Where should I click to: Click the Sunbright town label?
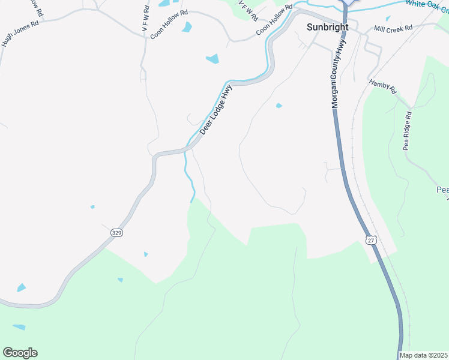[x=328, y=27]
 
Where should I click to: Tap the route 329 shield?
[x=117, y=232]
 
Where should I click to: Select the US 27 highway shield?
[x=372, y=240]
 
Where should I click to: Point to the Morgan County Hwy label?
[x=339, y=74]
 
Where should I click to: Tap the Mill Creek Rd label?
[x=393, y=28]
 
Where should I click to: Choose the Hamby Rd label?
[x=383, y=87]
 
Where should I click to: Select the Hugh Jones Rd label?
[x=20, y=35]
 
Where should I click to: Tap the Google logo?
[x=20, y=353]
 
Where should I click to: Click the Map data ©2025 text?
[x=424, y=355]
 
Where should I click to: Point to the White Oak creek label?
[x=427, y=4]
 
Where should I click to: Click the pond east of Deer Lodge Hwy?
[x=279, y=106]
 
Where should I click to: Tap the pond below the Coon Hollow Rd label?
[x=187, y=27]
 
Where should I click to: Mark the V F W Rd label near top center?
[x=247, y=11]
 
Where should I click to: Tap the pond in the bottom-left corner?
[x=19, y=328]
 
